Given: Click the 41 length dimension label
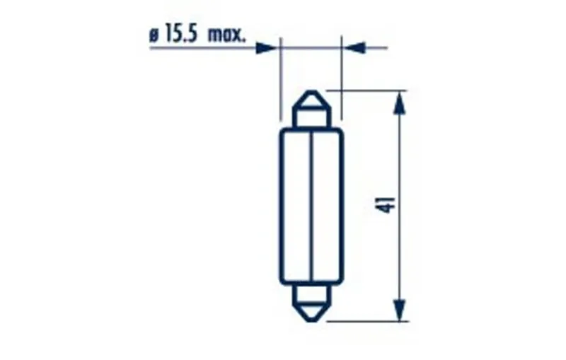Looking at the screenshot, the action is pos(388,204).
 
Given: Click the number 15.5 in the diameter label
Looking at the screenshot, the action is pos(181,35).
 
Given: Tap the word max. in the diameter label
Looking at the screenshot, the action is pos(226,35).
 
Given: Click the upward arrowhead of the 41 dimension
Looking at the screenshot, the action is pos(399,103).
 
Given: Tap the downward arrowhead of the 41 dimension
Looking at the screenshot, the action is pos(399,310).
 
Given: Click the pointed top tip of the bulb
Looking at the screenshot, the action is pos(311,91).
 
